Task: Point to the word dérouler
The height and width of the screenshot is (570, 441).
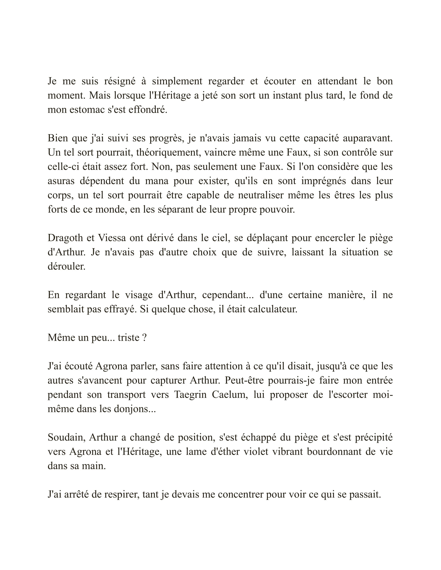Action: [66, 266]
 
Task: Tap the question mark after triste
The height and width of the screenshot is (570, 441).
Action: [144, 338]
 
